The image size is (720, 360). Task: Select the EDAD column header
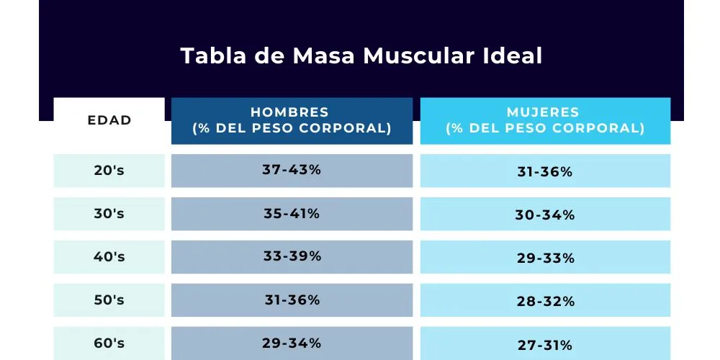point(109,120)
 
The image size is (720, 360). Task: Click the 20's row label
point(109,171)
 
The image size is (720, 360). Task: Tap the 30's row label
point(109,214)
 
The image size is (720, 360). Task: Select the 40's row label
point(109,257)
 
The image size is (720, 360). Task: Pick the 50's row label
point(109,300)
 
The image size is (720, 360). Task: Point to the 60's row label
point(109,343)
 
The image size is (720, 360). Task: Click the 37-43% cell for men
point(292,171)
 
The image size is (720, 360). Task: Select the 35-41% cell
point(292,214)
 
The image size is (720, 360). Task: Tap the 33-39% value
point(292,257)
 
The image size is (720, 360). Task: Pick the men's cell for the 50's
point(292,300)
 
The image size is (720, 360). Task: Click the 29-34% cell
point(292,343)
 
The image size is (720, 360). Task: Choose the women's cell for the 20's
point(545,172)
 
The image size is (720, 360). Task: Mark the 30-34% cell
point(545,215)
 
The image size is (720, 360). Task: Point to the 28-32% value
point(545,302)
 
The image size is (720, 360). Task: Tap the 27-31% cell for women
point(545,345)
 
